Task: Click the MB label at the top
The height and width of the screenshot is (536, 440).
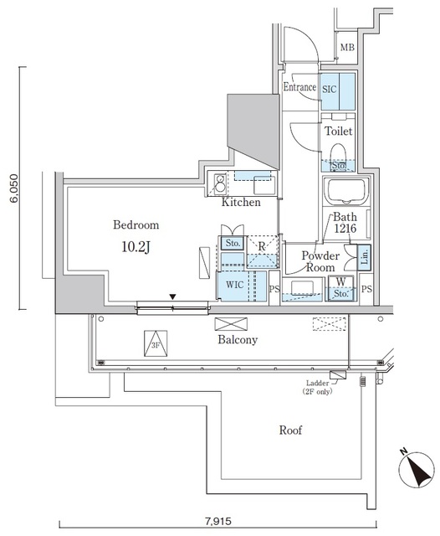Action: click(x=346, y=49)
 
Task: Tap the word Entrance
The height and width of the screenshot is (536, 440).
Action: click(x=299, y=87)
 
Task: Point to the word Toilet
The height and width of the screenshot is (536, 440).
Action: click(x=339, y=131)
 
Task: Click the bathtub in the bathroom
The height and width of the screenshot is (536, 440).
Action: click(x=345, y=194)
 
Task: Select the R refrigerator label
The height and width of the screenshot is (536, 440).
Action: click(x=261, y=247)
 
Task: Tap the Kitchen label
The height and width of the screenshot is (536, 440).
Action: click(x=241, y=203)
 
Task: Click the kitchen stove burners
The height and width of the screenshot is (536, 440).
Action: click(x=221, y=182)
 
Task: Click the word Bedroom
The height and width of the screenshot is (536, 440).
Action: click(x=136, y=225)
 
